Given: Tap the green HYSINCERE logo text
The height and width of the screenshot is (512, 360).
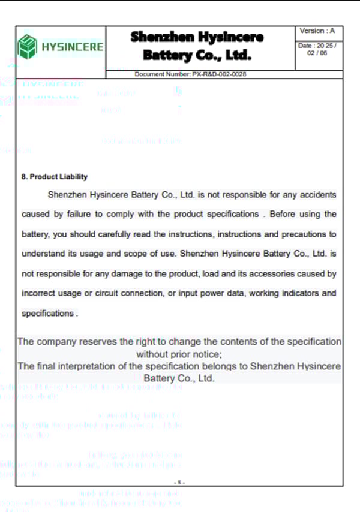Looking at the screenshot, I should pos(72,47).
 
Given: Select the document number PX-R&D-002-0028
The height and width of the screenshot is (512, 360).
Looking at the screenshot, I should pos(191,74).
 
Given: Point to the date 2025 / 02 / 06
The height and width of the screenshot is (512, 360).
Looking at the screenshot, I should pos(317,49).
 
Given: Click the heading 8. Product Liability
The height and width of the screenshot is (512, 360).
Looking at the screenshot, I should pos(55,177).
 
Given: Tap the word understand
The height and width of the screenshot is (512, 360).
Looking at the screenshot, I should pos(44,254).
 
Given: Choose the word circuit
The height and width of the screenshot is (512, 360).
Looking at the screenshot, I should pos(118,293).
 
